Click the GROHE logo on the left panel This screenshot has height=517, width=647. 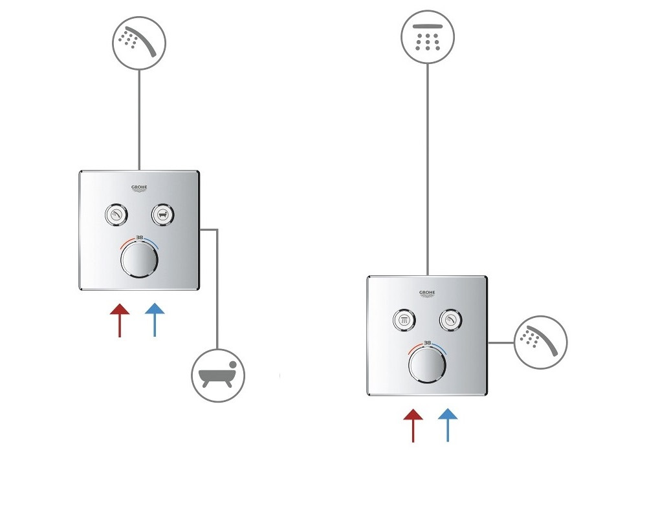point(139,189)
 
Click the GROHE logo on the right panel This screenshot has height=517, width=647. point(427,293)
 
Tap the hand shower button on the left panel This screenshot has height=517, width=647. point(116,215)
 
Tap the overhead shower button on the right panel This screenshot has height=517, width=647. point(404,320)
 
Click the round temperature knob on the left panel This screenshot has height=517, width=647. point(140,260)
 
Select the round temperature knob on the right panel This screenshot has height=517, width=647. point(427,365)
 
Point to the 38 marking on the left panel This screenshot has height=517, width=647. point(140,237)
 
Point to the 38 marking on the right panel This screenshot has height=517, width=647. point(428,343)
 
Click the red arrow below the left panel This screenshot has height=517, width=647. point(120,321)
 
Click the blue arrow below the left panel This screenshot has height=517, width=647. point(155,320)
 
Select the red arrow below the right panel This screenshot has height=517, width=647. point(413,425)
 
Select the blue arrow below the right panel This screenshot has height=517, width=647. point(448,425)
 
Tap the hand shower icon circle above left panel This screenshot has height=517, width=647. point(139,43)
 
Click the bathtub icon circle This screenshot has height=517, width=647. point(218,375)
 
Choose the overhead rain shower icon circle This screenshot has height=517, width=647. point(428,37)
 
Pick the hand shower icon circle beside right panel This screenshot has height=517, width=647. point(540,343)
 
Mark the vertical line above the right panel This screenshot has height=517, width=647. point(428,169)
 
